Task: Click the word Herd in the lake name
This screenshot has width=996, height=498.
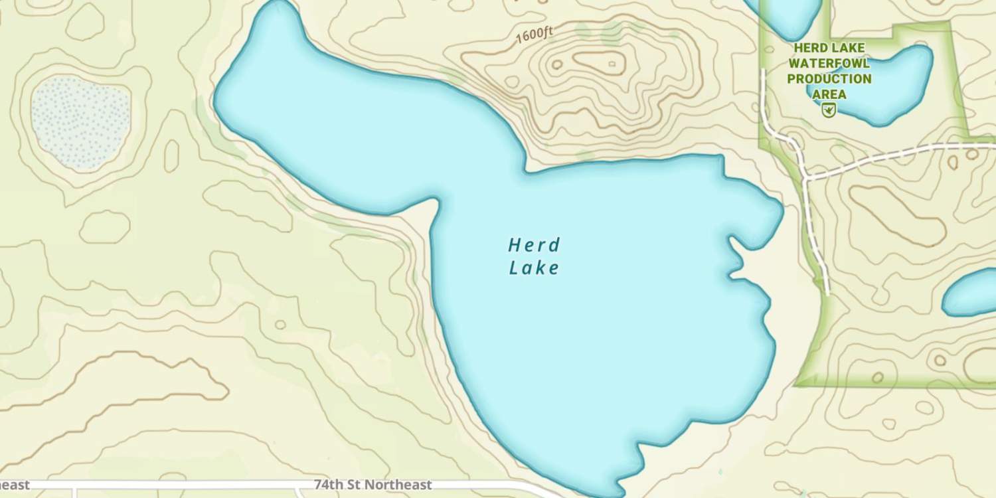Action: [534, 245]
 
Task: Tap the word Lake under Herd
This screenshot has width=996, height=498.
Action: [534, 268]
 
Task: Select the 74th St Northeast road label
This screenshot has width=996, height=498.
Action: [373, 485]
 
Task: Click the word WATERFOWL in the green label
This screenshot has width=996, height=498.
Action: [829, 63]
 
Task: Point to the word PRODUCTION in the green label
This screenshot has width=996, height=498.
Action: [829, 78]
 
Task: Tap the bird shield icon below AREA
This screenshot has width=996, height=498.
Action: [828, 110]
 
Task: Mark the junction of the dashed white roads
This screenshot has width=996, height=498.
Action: [806, 178]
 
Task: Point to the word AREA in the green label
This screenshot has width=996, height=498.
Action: [829, 94]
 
